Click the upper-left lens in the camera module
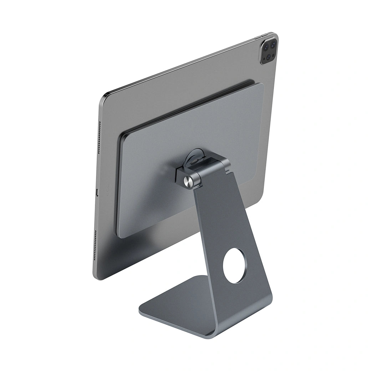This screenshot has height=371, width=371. (x=266, y=47)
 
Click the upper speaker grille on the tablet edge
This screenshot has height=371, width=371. (x=99, y=137)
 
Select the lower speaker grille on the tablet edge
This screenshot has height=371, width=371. (x=96, y=246)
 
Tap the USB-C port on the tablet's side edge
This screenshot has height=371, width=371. (x=97, y=193)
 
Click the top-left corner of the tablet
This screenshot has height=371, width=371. (x=104, y=96)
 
